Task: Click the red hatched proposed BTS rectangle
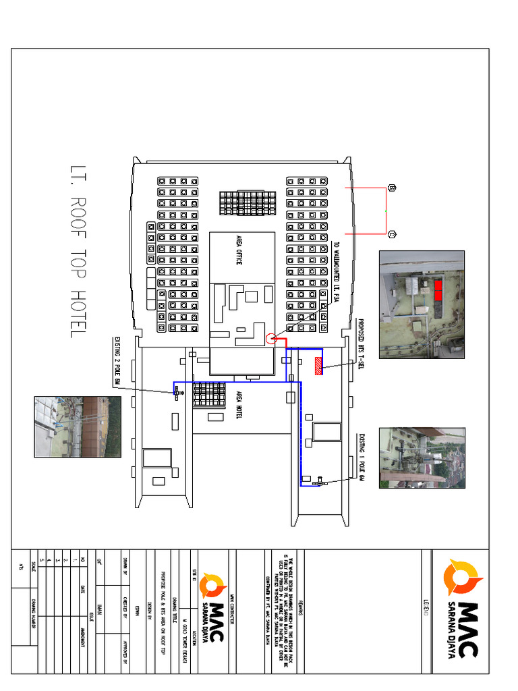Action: tap(319, 364)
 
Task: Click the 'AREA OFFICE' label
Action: tap(239, 250)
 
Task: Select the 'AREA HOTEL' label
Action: tap(239, 406)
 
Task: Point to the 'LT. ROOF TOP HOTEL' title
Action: tap(76, 250)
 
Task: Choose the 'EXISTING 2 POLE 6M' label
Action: tap(116, 361)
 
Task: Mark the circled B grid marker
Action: tap(393, 188)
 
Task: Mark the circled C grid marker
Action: tap(393, 235)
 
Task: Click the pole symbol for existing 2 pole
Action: tap(178, 393)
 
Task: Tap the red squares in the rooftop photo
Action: tap(438, 291)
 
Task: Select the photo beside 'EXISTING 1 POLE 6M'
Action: tap(422, 458)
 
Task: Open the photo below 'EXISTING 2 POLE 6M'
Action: tap(78, 426)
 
